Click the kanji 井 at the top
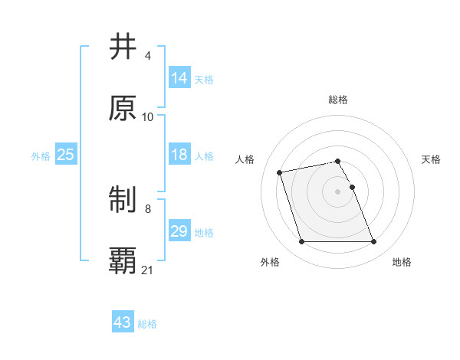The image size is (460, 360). tap(123, 47)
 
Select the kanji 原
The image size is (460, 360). tap(123, 108)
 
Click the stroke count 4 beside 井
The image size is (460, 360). tap(147, 56)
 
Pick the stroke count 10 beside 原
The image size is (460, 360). tap(148, 116)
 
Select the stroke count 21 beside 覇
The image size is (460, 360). tap(148, 270)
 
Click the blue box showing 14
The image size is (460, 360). tap(179, 78)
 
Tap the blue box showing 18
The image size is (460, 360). tap(179, 155)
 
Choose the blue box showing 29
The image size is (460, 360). tap(179, 231)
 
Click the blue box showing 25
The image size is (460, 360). tap(65, 155)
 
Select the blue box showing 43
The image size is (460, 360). tap(123, 322)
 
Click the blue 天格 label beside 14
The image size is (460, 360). tap(204, 79)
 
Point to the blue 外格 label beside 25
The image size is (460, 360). tap(41, 155)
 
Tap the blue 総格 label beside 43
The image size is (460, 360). tap(147, 323)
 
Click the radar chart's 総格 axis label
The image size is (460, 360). tap(338, 100)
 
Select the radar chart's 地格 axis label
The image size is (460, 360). tap(402, 263)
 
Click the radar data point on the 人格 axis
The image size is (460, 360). tap(280, 172)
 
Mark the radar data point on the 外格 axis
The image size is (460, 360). tap(301, 242)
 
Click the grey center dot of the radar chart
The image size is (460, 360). tap(338, 191)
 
